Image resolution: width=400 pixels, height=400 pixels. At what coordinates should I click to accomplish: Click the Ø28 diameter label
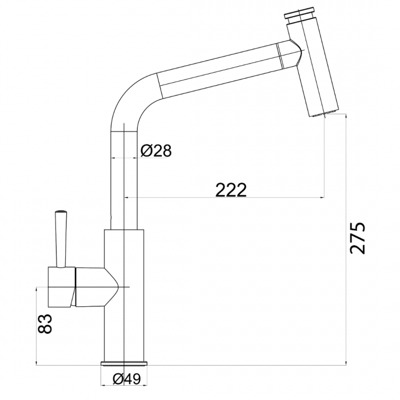156,150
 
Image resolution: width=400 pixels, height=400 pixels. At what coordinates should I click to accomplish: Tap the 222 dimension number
231,190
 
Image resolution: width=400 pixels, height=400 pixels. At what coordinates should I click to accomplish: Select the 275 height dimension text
357,238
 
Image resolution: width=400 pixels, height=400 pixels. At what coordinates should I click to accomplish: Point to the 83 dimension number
45,323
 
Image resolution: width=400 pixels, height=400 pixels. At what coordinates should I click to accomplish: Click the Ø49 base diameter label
126,379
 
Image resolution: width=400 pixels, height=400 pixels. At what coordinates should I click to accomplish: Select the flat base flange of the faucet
124,363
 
